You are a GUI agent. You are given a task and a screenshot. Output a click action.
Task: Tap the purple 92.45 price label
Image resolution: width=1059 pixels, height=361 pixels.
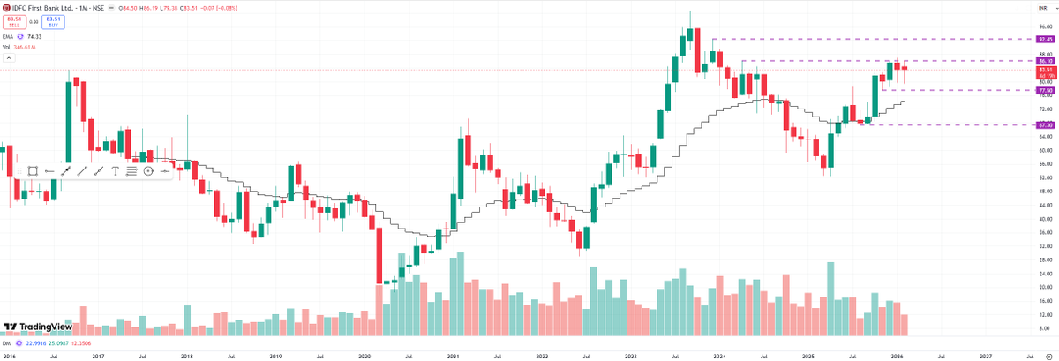coord(1047,40)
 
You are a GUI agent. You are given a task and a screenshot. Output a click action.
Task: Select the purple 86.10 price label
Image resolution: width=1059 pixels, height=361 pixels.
coord(1047,61)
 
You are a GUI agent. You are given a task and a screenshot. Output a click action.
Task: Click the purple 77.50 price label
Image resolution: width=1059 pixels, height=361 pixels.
coord(1047,90)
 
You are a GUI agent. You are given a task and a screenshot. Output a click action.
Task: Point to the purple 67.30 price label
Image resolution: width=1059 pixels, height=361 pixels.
coord(1047,125)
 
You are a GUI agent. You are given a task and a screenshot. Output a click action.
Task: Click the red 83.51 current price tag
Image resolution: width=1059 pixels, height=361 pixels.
coord(1047,69)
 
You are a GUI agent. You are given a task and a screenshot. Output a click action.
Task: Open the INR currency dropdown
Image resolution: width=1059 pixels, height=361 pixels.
coord(1044,7)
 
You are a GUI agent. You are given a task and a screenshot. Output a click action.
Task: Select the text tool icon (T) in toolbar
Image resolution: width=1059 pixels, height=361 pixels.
coord(115,170)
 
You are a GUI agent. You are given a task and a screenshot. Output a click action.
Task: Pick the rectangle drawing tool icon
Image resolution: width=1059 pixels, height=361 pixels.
coord(33,170)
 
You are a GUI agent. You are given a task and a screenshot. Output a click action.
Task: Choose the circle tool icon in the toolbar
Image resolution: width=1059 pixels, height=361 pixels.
coord(148,170)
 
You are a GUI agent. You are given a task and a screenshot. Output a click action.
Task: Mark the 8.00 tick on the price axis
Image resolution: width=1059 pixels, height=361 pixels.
coord(1046,328)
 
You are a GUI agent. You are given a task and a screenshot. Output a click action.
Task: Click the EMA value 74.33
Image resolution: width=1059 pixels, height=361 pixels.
coord(35,36)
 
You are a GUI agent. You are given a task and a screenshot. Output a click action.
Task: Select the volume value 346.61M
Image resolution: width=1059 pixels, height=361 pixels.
coord(24,46)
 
